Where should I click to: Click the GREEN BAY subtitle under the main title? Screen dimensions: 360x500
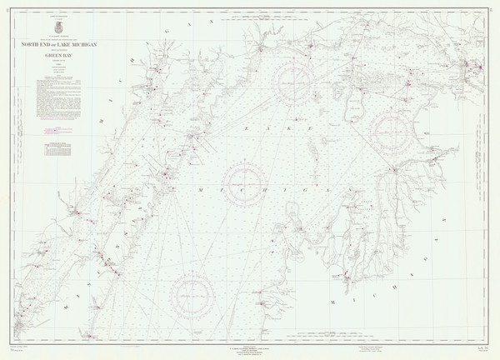(58, 52)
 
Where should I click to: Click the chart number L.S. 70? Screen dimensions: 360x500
(472, 333)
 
